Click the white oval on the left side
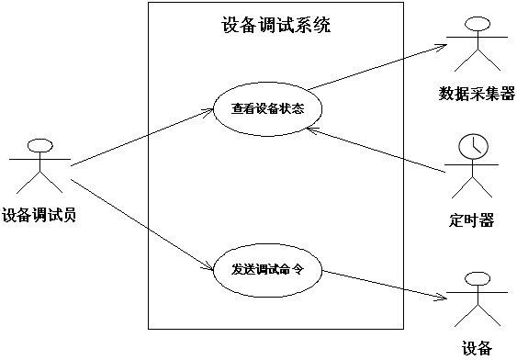(x=39, y=145)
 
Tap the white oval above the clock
(x=478, y=24)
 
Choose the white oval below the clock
(x=477, y=278)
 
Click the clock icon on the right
(x=473, y=146)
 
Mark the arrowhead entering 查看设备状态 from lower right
(x=312, y=129)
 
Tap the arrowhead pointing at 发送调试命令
(x=209, y=268)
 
